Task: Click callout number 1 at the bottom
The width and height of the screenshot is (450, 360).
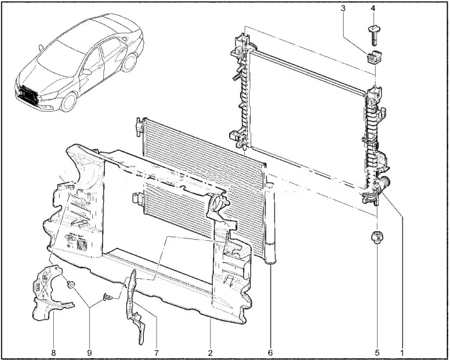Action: tap(402, 352)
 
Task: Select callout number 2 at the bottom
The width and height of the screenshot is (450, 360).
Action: tap(210, 352)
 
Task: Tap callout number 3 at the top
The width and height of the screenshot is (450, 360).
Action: tap(343, 8)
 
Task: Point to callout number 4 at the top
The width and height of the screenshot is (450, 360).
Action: tap(373, 8)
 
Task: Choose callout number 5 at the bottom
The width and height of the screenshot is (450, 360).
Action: tap(377, 352)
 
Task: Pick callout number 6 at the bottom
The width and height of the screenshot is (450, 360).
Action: tap(270, 352)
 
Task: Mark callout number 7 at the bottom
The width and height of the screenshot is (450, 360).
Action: tap(157, 352)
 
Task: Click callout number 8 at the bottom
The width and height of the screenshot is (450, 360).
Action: tap(53, 352)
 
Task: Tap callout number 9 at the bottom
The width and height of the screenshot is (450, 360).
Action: tap(89, 352)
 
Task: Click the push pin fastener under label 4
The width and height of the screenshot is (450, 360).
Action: tap(373, 34)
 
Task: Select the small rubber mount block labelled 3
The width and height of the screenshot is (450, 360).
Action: tap(373, 57)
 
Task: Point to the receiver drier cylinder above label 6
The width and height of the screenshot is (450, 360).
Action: tap(271, 224)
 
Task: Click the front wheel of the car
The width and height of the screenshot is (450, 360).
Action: tap(69, 102)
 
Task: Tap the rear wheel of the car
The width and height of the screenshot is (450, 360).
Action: tap(129, 63)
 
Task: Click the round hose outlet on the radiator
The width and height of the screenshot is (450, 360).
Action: tap(384, 182)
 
